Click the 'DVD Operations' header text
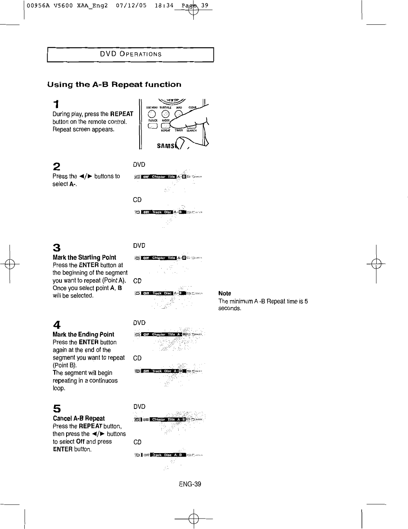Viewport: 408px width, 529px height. tap(130, 54)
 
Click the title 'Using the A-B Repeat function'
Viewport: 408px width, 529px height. tap(114, 84)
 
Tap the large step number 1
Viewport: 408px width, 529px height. tap(56, 104)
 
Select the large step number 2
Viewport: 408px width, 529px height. tap(56, 167)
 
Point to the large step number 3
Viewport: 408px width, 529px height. tap(56, 247)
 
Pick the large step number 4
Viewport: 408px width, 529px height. tap(56, 325)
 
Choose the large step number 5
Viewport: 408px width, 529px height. tap(56, 409)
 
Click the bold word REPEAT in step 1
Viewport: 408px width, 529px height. tap(121, 114)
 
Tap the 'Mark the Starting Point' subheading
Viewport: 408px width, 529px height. tap(84, 258)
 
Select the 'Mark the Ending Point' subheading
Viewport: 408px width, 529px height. tap(84, 335)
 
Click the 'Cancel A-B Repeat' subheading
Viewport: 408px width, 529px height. tap(79, 419)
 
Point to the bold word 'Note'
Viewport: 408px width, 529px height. tap(225, 294)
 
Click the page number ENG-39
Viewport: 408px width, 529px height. tap(190, 484)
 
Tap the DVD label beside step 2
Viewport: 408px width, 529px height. tap(139, 165)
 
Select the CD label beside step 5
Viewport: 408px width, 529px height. tap(137, 442)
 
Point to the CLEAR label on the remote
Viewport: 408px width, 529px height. tap(192, 108)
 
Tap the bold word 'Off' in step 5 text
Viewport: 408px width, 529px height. tap(80, 441)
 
